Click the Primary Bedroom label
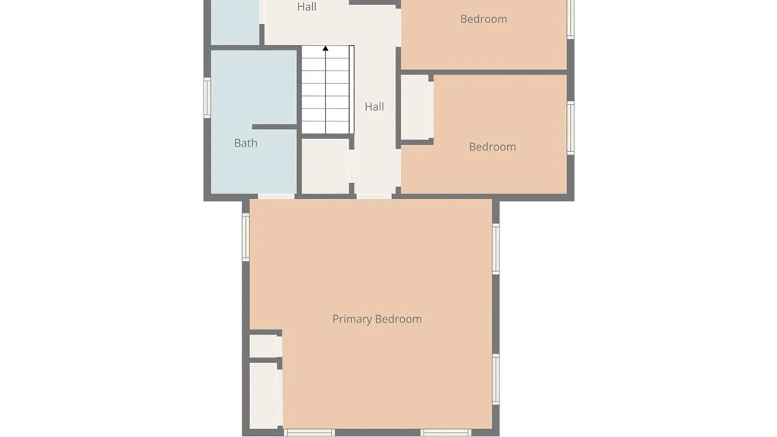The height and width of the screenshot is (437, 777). click(377, 319)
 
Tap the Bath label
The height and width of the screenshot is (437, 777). click(246, 143)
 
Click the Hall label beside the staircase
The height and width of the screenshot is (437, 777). click(374, 107)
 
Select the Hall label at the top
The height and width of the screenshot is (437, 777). click(307, 6)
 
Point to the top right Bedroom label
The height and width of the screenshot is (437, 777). click(484, 19)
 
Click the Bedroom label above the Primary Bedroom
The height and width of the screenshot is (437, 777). click(492, 147)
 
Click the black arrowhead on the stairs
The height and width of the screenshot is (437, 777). click(325, 48)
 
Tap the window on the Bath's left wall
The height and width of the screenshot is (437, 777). click(207, 98)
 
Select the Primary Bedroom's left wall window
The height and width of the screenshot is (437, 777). click(246, 237)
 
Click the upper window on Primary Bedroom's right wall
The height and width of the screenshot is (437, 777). click(496, 249)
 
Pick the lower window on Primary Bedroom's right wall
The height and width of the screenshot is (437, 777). click(496, 379)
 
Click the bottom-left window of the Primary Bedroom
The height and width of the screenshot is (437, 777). click(309, 433)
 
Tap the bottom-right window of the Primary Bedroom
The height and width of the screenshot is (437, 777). click(446, 433)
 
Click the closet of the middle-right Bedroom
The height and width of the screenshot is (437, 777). click(415, 107)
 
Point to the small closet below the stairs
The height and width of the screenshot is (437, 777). click(326, 166)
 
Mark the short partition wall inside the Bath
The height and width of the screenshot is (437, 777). click(275, 127)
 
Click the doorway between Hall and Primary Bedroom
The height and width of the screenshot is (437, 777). click(374, 196)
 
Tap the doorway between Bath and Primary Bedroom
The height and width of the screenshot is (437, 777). click(276, 196)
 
